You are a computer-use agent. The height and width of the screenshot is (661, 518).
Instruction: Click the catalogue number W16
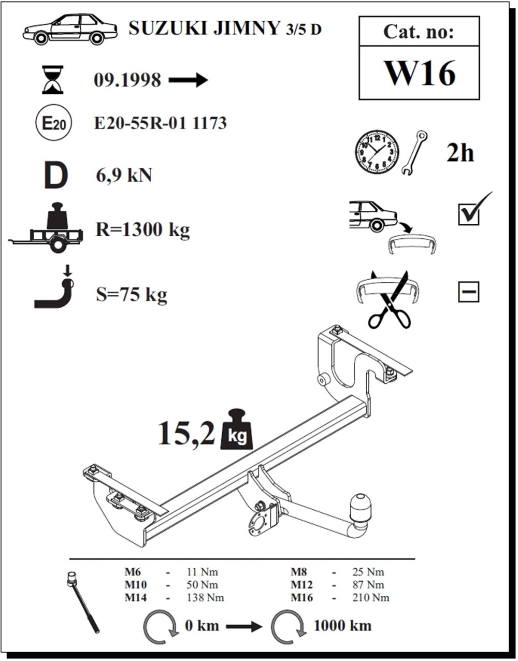[x=420, y=74]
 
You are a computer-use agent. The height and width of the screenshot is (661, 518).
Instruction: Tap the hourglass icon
[x=53, y=79]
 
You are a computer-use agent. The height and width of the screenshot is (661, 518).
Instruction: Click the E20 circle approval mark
[x=54, y=124]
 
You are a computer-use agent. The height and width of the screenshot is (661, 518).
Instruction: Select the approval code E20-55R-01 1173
[x=161, y=123]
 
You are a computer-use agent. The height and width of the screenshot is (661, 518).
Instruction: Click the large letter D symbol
[x=56, y=176]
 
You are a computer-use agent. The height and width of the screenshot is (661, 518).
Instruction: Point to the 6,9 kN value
[x=124, y=176]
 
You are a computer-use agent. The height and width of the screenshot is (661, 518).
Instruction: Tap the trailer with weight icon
[x=46, y=227]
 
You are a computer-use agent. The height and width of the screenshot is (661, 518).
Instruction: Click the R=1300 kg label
[x=142, y=229]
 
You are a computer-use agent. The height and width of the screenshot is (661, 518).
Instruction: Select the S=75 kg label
[x=132, y=294]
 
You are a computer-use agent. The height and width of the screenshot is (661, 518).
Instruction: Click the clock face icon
[x=377, y=152]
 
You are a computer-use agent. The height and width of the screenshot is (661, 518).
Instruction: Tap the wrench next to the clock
[x=414, y=153]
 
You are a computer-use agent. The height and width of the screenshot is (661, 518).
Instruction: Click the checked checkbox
[x=469, y=214]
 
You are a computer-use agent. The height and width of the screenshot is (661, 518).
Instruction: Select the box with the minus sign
[x=469, y=292]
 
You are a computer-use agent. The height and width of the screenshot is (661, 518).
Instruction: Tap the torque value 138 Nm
[x=205, y=597]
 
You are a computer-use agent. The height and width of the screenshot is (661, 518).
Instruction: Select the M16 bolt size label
[x=302, y=597]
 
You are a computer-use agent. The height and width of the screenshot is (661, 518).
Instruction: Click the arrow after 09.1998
[x=189, y=80]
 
